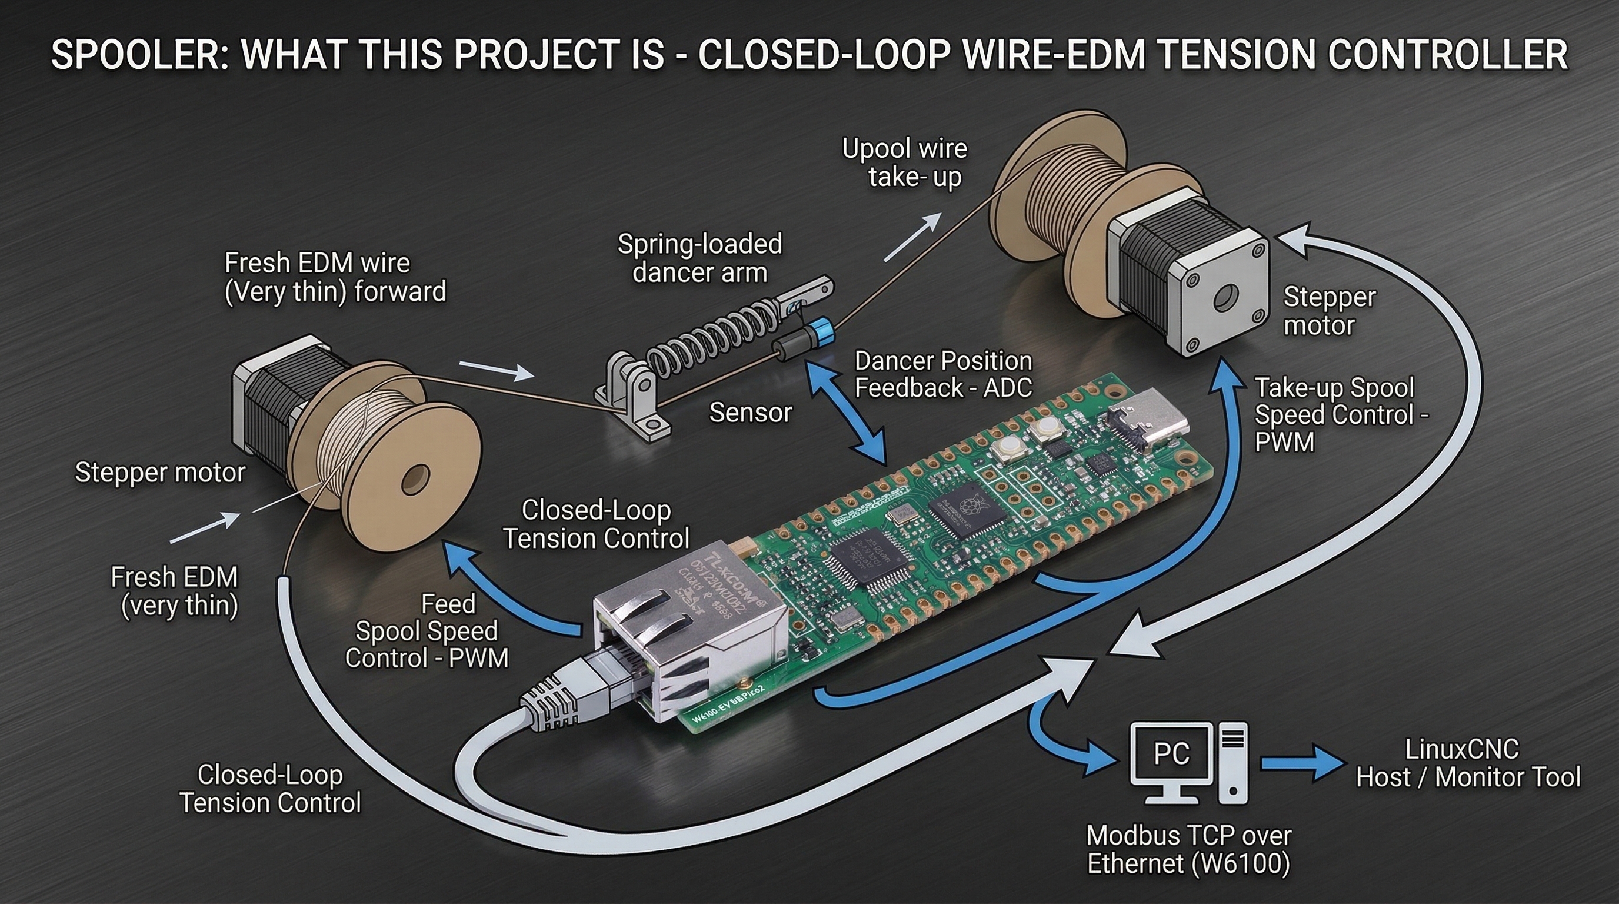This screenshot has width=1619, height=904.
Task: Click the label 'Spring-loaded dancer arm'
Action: [x=699, y=258]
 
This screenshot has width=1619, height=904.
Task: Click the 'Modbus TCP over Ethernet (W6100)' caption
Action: [x=1188, y=849]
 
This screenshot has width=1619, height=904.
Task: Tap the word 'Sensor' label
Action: [x=751, y=413]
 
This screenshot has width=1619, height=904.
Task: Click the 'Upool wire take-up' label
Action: [x=905, y=163]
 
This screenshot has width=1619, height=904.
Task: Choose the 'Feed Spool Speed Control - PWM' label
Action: [x=427, y=631]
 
